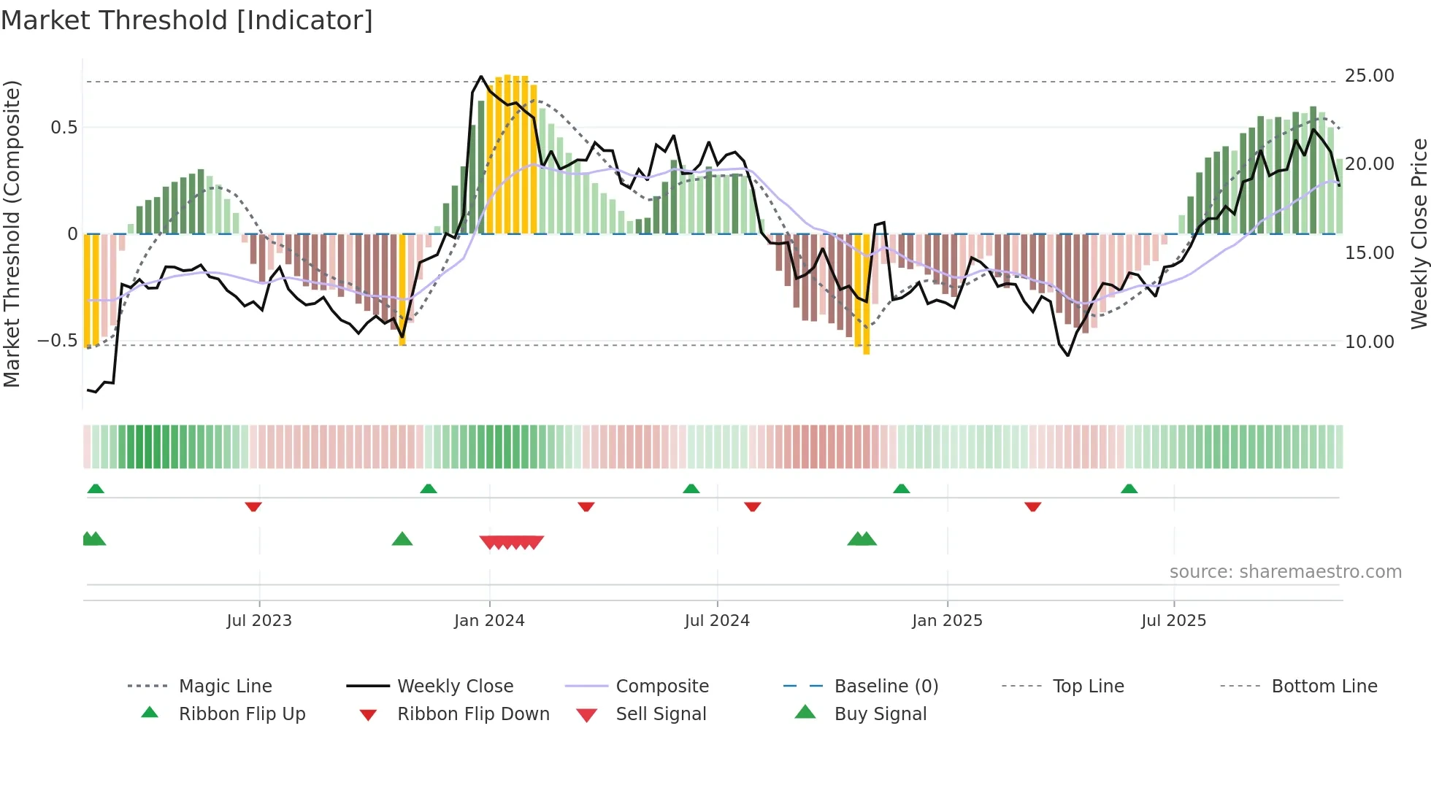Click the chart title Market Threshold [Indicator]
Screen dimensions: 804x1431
(187, 20)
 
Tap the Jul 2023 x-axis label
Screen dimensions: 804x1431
(258, 621)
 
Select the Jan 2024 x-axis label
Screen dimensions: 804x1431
(489, 621)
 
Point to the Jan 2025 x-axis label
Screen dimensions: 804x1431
(947, 621)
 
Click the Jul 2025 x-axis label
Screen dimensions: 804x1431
(1173, 621)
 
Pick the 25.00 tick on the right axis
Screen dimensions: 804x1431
(1369, 76)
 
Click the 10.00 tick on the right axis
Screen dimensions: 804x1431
(1369, 342)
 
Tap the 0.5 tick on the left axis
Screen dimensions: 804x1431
(64, 128)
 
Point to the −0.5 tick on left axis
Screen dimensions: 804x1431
(57, 341)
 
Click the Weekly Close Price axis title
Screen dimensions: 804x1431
(1419, 233)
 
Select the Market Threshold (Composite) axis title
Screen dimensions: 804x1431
(12, 233)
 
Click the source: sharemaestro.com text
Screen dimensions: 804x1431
(1285, 572)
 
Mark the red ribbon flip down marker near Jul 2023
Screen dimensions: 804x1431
(253, 506)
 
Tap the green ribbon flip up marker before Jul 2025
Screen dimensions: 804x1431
(1129, 489)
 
